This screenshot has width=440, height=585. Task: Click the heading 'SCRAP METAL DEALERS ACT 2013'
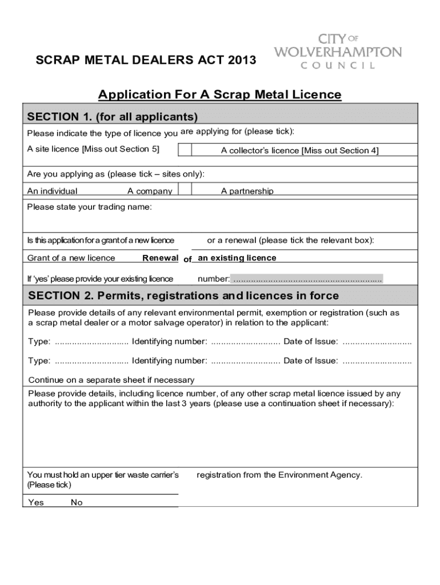pyautogui.click(x=146, y=61)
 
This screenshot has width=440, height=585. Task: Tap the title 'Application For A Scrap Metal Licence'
pyautogui.click(x=219, y=94)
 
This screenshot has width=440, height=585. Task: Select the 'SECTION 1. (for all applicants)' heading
pyautogui.click(x=113, y=117)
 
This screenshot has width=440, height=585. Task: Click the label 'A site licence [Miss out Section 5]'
pyautogui.click(x=93, y=149)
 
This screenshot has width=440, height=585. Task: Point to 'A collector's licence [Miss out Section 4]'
pyautogui.click(x=299, y=151)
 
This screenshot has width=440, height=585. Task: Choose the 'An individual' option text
pyautogui.click(x=53, y=191)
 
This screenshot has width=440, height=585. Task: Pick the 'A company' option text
pyautogui.click(x=150, y=191)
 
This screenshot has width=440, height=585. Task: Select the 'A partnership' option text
pyautogui.click(x=247, y=191)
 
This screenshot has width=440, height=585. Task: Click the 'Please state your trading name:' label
pyautogui.click(x=90, y=207)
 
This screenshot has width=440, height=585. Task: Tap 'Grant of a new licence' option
pyautogui.click(x=71, y=258)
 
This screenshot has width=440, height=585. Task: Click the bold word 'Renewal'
pyautogui.click(x=160, y=258)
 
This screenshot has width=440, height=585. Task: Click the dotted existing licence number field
pyautogui.click(x=307, y=279)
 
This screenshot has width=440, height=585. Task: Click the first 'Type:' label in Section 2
pyautogui.click(x=39, y=342)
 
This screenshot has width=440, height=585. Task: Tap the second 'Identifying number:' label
pyautogui.click(x=169, y=360)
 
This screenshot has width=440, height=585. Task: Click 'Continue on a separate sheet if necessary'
pyautogui.click(x=111, y=380)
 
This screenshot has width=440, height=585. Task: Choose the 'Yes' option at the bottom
pyautogui.click(x=36, y=502)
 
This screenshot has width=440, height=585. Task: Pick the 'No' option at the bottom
pyautogui.click(x=77, y=502)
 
